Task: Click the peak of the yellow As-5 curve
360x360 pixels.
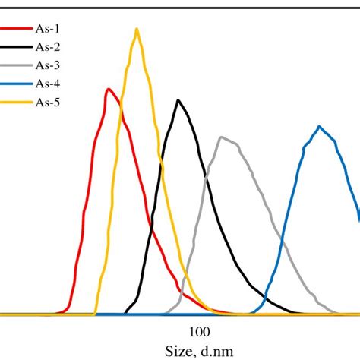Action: point(137,30)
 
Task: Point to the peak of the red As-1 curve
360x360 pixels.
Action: point(109,90)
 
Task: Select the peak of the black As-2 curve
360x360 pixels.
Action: point(178,100)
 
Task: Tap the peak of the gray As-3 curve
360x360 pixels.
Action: point(221,137)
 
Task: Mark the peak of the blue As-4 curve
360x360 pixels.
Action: point(320,126)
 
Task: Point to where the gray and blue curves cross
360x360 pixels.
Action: point(283,245)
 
